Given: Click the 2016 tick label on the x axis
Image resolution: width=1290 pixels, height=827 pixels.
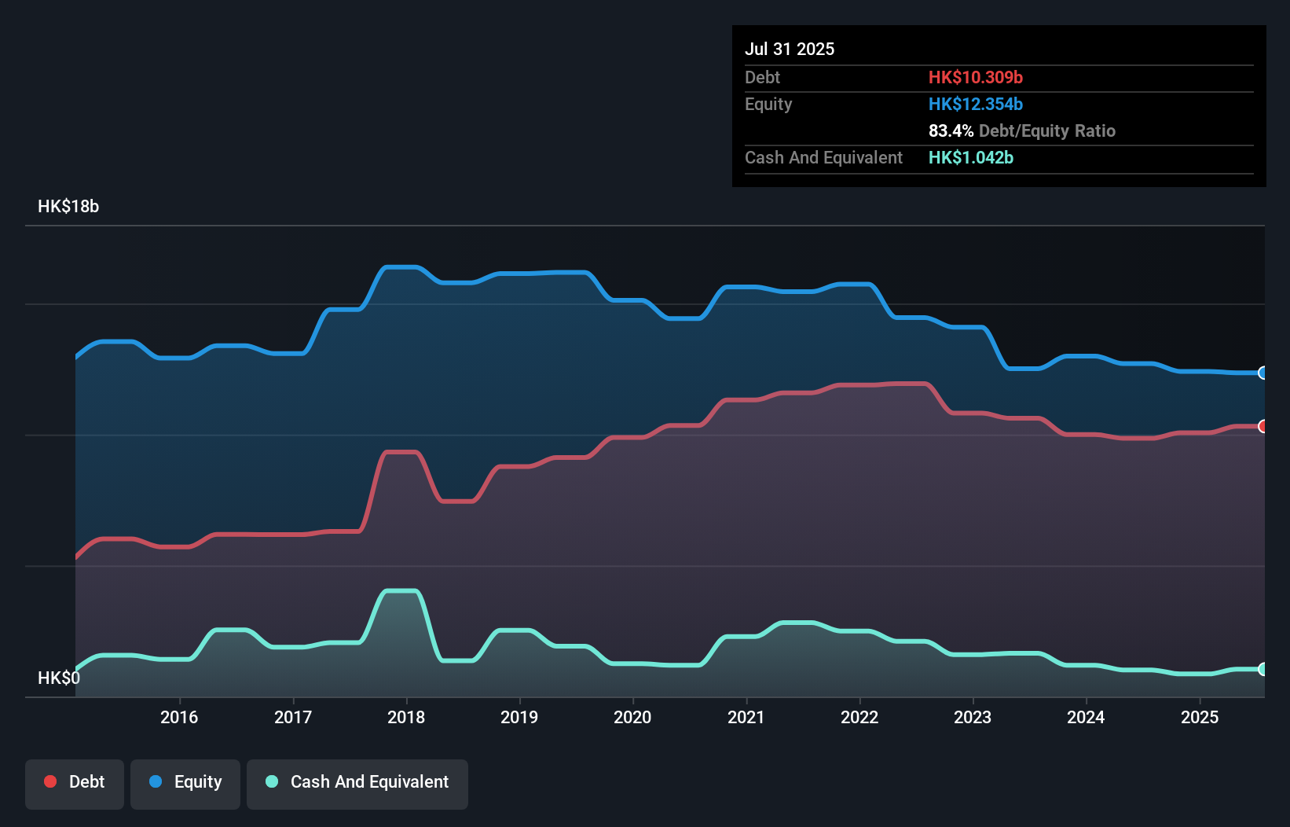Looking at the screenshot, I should click(179, 717).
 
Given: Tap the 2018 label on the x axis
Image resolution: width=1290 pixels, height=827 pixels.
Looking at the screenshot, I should click(406, 717).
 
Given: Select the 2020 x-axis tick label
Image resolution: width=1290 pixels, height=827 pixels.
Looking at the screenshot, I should click(632, 717).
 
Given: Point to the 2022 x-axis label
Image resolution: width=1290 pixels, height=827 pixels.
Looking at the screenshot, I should click(859, 717).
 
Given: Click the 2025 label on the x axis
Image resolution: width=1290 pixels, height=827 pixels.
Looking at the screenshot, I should click(1200, 717).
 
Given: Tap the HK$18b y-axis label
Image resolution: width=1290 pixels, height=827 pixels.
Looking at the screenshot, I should click(68, 207).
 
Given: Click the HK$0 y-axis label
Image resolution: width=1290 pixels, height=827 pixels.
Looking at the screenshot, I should click(59, 678).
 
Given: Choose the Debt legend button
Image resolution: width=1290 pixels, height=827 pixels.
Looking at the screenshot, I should click(75, 782).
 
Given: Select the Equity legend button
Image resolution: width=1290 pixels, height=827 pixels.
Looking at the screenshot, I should click(185, 782).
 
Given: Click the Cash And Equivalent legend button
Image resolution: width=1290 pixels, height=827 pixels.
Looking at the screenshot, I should click(357, 782).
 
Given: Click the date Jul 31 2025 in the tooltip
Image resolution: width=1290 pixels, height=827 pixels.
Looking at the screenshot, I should click(790, 49).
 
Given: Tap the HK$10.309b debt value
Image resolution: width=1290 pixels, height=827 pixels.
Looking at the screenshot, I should click(975, 77).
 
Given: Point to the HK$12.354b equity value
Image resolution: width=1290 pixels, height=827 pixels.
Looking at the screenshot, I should click(975, 104).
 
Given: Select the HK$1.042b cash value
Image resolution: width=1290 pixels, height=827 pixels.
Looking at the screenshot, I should click(970, 157).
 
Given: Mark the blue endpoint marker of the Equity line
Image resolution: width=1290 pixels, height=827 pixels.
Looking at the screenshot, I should click(1263, 373).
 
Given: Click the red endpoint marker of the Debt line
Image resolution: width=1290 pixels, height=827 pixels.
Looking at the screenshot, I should click(1263, 426).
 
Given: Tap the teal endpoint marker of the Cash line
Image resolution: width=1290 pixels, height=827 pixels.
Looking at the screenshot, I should click(1263, 669).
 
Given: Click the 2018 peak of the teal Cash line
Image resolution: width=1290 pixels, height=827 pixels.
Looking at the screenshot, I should click(401, 590).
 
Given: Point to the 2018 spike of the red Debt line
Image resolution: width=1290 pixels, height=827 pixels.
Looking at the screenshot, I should click(401, 452).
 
